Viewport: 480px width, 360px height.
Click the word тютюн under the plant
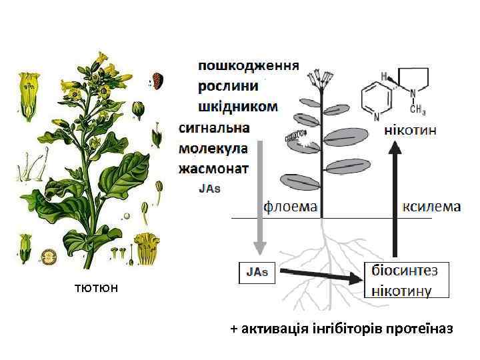(97, 288)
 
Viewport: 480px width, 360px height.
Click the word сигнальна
(214, 127)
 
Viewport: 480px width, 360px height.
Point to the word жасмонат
(213, 167)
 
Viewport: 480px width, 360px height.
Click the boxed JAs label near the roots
(257, 272)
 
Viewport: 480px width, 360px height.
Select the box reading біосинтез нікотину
(407, 279)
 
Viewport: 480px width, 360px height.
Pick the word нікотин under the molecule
(411, 131)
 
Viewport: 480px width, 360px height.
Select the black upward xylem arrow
(395, 200)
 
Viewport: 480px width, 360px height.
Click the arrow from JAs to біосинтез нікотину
(320, 275)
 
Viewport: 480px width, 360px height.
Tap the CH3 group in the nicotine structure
(417, 108)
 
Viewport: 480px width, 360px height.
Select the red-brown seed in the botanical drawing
(158, 80)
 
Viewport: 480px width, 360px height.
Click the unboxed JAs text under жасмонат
(209, 188)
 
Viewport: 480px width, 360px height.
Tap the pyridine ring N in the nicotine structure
(377, 117)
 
